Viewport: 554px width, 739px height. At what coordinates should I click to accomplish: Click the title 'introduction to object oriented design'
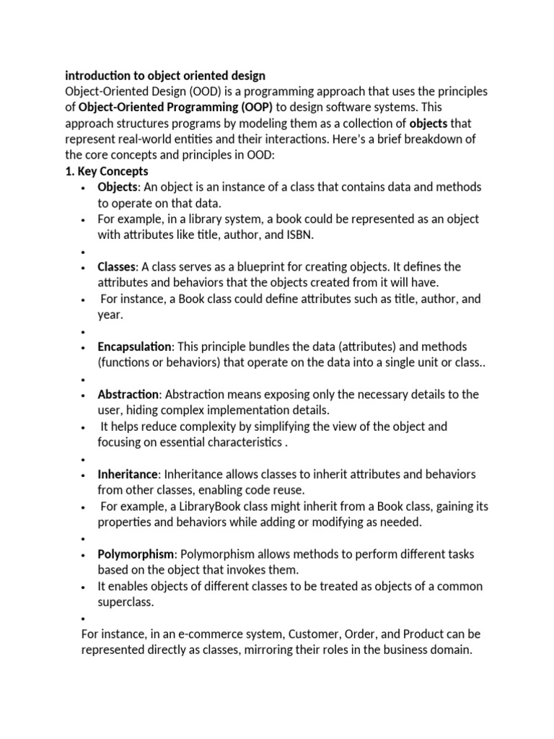tap(165, 75)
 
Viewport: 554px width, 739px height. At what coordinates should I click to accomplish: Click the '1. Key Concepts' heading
tap(107, 171)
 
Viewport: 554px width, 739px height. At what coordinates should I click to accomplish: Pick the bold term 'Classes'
tap(116, 266)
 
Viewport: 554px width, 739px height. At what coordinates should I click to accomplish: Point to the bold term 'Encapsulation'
tap(134, 346)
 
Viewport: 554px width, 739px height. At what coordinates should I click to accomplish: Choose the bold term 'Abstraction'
tap(128, 394)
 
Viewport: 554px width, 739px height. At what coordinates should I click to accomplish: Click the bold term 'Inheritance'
tap(127, 474)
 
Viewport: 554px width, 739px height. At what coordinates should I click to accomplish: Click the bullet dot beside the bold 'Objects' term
tap(84, 188)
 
